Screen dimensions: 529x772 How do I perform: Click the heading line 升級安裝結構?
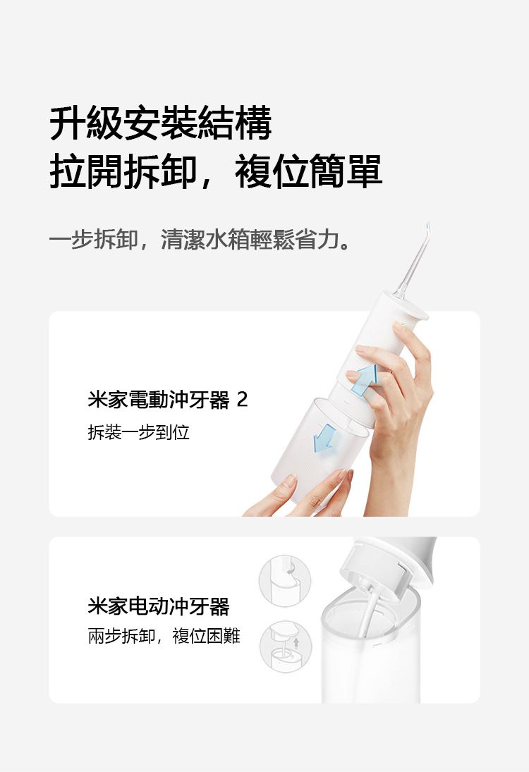[x=161, y=123]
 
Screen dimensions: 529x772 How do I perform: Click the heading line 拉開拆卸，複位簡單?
[x=216, y=171]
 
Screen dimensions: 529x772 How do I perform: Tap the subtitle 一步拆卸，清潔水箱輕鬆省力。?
[x=200, y=240]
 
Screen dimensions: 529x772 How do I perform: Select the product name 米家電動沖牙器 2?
[x=167, y=400]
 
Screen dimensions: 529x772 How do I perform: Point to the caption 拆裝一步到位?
[x=138, y=431]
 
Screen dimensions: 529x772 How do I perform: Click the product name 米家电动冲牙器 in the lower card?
[x=159, y=606]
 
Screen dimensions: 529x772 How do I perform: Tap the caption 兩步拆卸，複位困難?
[x=164, y=636]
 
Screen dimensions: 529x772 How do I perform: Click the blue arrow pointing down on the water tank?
[x=324, y=438]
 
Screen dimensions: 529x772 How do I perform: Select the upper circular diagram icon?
[x=285, y=580]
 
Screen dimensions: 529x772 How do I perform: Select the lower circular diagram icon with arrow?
[x=286, y=647]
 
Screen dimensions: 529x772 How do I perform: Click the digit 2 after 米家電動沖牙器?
[x=242, y=400]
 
